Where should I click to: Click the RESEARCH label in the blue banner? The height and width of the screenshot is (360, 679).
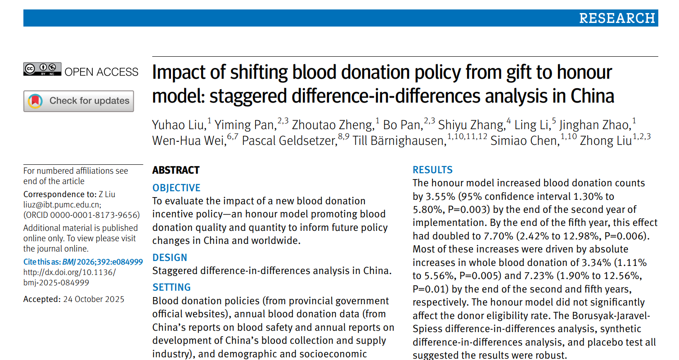pos(616,18)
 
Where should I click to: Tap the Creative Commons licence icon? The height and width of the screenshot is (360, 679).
pos(42,69)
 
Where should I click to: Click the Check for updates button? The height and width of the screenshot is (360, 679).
pos(79,101)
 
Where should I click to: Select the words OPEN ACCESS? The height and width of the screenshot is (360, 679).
pos(102,72)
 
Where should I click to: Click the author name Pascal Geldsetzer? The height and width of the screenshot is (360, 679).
pos(289,141)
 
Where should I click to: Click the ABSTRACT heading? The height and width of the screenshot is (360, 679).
pos(175,170)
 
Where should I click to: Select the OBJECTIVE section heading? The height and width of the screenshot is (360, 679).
pos(176,188)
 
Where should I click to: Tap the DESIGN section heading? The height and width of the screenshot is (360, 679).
pos(170,258)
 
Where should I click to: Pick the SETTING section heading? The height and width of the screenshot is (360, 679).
pos(171,288)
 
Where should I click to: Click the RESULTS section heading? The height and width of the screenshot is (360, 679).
pos(432,170)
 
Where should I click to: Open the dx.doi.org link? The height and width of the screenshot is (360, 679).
pos(69,272)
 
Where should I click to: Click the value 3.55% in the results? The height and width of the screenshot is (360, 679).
pos(435,196)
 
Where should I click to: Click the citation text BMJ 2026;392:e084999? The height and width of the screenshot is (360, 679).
pos(102,262)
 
